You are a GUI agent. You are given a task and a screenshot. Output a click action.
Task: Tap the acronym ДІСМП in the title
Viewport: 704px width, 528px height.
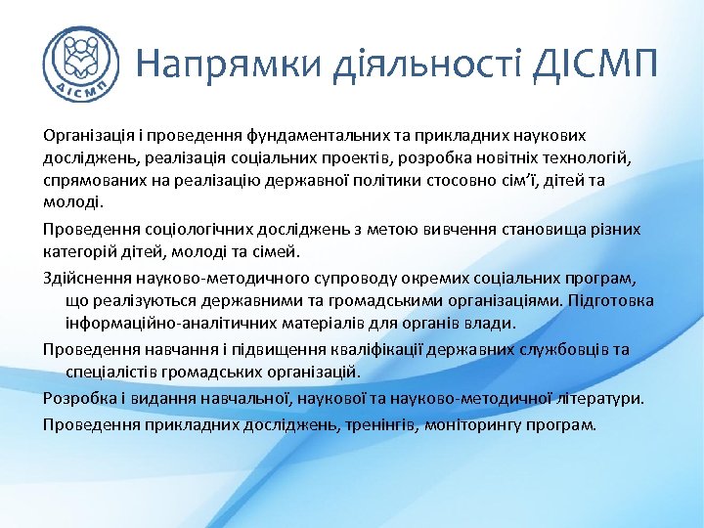(597, 64)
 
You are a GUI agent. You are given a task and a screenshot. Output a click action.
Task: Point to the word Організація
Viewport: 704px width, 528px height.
(86, 133)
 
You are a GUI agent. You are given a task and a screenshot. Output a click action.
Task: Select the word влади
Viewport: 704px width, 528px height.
(495, 323)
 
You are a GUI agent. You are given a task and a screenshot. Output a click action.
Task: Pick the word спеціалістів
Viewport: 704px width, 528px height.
(112, 373)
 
